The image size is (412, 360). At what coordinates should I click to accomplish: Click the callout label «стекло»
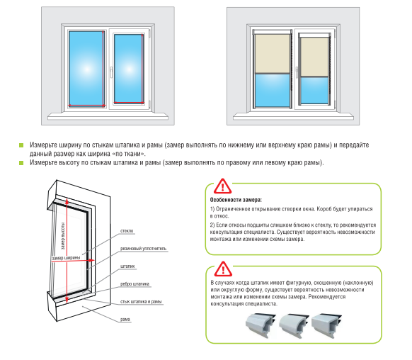click(x=127, y=231)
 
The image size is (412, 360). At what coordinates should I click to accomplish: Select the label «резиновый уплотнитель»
click(x=143, y=249)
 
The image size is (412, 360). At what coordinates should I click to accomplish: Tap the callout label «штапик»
click(x=127, y=266)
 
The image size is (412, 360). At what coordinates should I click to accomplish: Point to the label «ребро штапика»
click(x=135, y=284)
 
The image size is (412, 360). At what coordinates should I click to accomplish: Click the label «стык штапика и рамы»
click(x=141, y=302)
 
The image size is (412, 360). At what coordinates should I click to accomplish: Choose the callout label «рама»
click(x=125, y=319)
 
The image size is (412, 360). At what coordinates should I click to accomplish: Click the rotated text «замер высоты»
click(x=63, y=236)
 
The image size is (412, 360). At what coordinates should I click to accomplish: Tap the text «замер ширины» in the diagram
click(x=66, y=258)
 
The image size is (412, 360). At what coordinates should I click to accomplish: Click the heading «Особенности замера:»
click(x=236, y=200)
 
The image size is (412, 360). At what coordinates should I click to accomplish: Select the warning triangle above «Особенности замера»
click(x=222, y=186)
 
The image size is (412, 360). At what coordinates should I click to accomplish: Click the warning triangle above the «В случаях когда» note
click(x=223, y=269)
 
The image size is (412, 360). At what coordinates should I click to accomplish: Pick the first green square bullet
click(x=21, y=145)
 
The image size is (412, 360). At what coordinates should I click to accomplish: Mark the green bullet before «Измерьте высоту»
click(x=21, y=163)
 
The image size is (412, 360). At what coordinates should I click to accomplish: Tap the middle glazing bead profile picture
click(x=294, y=325)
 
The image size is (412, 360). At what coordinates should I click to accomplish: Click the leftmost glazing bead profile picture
click(x=261, y=325)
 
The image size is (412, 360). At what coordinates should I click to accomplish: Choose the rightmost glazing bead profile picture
click(x=326, y=325)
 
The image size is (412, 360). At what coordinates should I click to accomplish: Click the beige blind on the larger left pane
click(x=273, y=54)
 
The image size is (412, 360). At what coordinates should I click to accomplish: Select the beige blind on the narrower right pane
click(x=314, y=57)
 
